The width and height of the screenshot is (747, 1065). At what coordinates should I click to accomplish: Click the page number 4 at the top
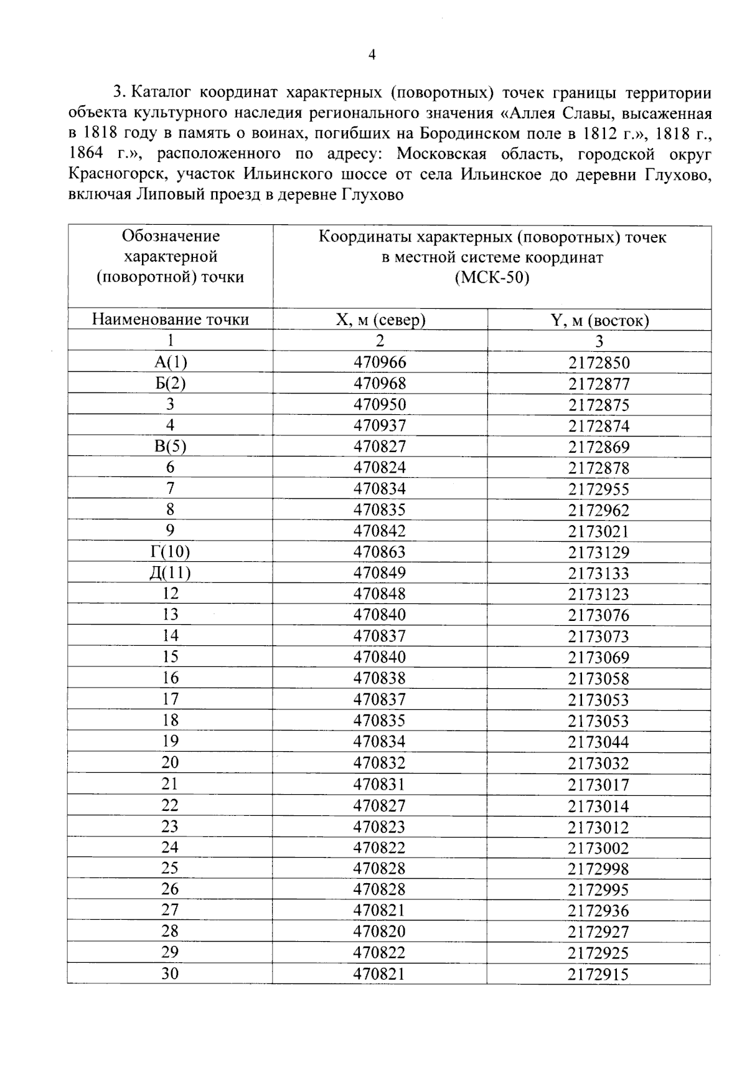pos(372,55)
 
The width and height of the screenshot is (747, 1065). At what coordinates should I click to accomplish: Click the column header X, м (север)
pos(380,320)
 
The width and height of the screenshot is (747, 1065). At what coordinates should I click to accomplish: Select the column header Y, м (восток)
pos(599,320)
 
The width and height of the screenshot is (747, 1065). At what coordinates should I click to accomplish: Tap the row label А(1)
pos(170,362)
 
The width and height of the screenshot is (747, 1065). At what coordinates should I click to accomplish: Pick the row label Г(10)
pos(170,552)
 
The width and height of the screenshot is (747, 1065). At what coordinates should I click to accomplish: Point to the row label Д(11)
pos(170,573)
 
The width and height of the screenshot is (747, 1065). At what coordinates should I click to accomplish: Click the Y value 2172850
pos(599,362)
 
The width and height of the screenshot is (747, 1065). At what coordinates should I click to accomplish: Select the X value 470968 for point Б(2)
pos(380,384)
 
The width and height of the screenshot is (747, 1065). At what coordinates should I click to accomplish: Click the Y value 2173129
pos(599,552)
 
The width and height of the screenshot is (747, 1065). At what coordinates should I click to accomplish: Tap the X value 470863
pos(380,552)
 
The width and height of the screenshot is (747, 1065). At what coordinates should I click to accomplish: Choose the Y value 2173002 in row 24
pos(599,848)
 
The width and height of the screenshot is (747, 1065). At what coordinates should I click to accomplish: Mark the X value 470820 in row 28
pos(380,931)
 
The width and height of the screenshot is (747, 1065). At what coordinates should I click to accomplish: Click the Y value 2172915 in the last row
pos(599,974)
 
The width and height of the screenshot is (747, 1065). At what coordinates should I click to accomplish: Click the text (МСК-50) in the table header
pos(492,278)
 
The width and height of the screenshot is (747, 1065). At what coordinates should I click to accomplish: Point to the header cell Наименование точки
pos(170,319)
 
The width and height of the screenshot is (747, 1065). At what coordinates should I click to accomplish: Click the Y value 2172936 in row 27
pos(599,911)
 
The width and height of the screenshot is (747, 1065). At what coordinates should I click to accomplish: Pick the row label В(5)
pos(170,447)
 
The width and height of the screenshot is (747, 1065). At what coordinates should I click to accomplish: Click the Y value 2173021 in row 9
pos(599,531)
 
